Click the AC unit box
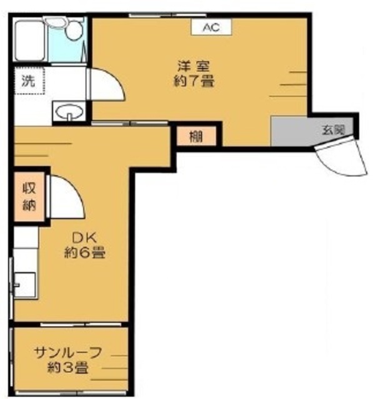point(211,27)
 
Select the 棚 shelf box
point(196,136)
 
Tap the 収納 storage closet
point(29,196)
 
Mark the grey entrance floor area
point(294,130)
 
